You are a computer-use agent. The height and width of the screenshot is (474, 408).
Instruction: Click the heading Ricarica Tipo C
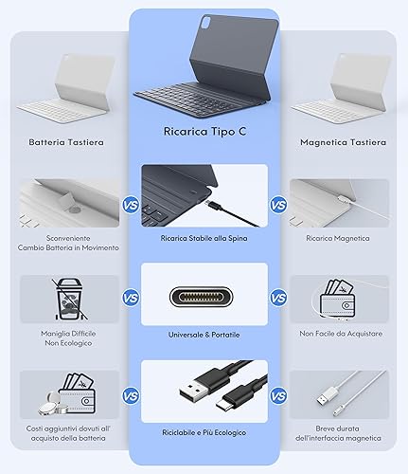coord(204,132)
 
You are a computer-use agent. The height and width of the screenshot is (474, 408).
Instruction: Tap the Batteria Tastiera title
coord(66,142)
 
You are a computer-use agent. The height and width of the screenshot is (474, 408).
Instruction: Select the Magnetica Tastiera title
coord(343,142)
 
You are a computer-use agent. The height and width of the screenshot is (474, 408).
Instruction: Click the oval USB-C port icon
coord(202,297)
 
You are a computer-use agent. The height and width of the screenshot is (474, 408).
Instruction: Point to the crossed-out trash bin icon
coord(69,299)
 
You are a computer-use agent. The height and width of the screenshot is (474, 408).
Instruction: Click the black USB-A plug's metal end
coord(189,393)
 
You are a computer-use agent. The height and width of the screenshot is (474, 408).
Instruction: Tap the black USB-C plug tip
coord(223,406)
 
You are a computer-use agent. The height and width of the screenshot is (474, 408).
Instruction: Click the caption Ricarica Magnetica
coord(338,238)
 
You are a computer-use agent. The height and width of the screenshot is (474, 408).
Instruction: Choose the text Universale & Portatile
coord(204,335)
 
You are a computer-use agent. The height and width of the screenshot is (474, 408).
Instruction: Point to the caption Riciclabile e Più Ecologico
coord(204,432)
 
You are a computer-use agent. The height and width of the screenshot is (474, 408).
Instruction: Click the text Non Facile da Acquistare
coord(341,334)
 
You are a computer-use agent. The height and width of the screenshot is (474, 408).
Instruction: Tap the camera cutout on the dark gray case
coord(207,23)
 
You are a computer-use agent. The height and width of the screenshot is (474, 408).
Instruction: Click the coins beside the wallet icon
coord(53,404)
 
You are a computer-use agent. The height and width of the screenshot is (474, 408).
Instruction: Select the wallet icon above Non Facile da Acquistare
coord(337,300)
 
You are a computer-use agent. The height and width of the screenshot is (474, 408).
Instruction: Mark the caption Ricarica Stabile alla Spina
coord(204,238)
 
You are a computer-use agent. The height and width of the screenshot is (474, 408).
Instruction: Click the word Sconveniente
coord(68,238)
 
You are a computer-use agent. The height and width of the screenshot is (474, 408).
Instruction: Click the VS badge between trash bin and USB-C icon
coord(131,298)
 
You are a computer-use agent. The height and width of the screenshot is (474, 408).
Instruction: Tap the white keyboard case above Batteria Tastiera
coord(66,88)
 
